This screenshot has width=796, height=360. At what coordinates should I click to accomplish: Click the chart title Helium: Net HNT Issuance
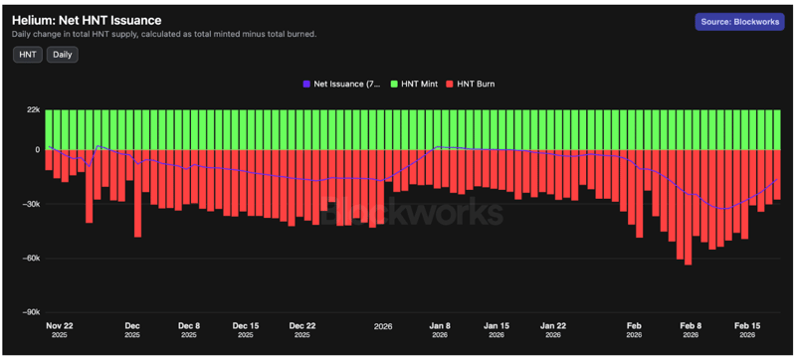(x=87, y=20)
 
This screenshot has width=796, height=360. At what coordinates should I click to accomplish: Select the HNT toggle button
(x=27, y=55)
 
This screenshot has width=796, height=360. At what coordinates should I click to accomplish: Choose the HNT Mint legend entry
(x=420, y=85)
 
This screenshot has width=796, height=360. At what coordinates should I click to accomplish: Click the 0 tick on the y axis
(x=37, y=150)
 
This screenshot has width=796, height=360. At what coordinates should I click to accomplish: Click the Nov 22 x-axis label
(x=61, y=325)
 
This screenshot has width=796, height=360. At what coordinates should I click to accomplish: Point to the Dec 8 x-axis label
(x=188, y=325)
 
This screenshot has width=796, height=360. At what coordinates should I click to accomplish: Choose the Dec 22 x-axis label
(x=301, y=325)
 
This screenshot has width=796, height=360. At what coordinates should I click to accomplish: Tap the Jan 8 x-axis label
(x=441, y=325)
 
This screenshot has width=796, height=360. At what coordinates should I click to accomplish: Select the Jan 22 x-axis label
(x=554, y=325)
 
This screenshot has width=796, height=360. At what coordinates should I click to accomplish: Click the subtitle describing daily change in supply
(x=164, y=34)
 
